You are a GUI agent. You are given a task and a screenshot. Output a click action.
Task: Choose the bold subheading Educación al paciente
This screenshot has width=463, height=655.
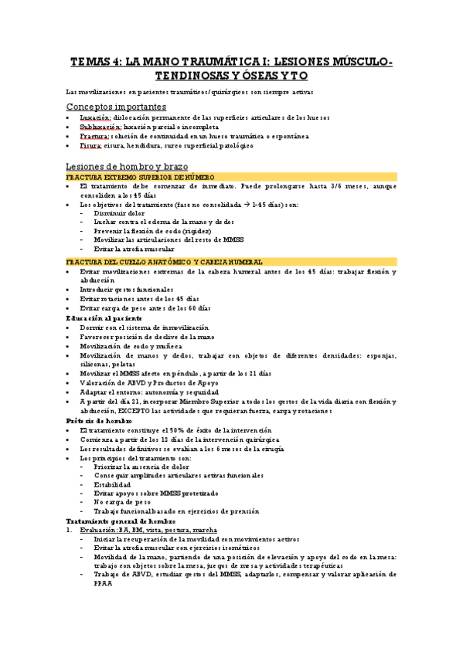coord(104,318)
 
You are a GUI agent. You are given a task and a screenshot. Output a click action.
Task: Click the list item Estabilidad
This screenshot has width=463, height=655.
coord(113,484)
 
